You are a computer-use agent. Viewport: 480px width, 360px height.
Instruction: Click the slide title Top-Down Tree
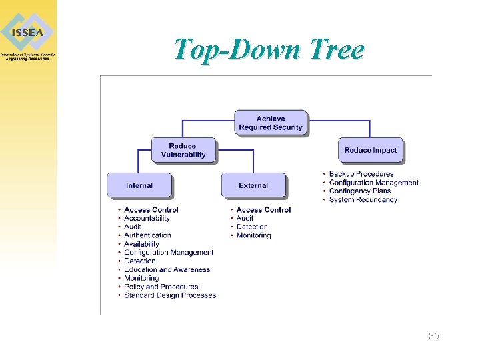click(269, 49)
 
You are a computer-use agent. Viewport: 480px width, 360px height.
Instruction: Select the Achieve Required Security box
click(271, 123)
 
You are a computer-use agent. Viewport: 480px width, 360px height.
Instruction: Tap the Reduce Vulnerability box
click(183, 151)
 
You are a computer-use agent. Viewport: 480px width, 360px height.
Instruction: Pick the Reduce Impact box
click(370, 151)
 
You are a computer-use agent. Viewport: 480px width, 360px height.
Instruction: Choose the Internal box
click(139, 185)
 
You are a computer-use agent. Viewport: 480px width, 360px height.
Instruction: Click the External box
click(253, 185)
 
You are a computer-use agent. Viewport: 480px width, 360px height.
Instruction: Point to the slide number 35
click(434, 336)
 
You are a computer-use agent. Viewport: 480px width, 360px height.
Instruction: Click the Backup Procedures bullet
click(361, 174)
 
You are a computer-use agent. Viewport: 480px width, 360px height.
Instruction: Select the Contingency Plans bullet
click(360, 191)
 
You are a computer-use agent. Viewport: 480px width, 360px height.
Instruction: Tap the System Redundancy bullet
click(363, 200)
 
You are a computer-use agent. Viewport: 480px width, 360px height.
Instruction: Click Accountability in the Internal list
click(147, 218)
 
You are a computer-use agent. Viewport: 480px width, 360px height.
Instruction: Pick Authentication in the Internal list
click(147, 235)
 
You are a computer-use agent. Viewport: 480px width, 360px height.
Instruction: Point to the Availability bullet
click(141, 244)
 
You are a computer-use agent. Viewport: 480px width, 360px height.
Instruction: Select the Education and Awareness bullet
click(167, 270)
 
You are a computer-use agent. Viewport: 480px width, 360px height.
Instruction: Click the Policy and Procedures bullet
click(161, 287)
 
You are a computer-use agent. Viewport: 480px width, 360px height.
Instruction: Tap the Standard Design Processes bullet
click(170, 295)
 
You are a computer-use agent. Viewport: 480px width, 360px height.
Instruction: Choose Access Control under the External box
click(263, 210)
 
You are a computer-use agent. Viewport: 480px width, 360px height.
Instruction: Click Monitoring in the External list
click(253, 235)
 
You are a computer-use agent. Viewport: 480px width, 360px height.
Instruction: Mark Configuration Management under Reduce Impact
click(374, 183)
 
